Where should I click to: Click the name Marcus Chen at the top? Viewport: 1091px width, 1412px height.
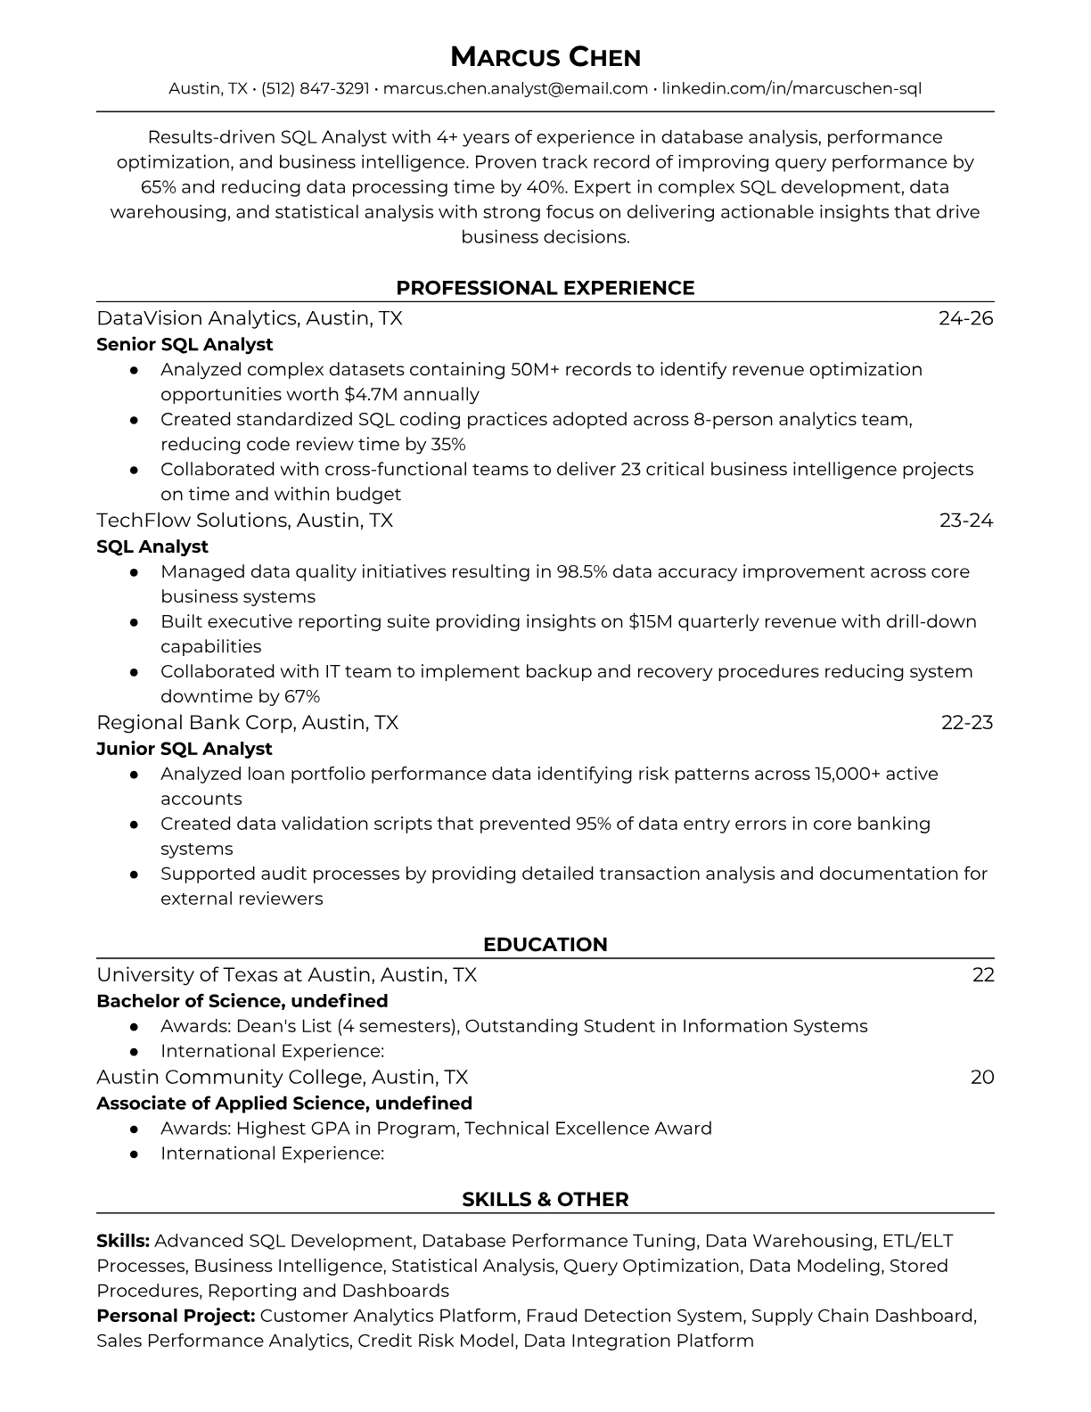tap(545, 57)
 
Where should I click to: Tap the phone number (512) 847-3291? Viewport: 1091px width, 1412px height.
tap(316, 88)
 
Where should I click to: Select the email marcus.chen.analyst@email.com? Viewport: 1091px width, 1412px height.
tap(515, 88)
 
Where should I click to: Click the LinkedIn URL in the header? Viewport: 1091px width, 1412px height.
tap(792, 88)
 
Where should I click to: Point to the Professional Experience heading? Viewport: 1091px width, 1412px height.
tap(545, 288)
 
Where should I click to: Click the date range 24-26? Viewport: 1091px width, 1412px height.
tap(965, 318)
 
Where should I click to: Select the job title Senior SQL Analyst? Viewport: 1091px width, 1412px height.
tap(185, 344)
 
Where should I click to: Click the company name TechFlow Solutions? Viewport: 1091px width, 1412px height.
tap(193, 520)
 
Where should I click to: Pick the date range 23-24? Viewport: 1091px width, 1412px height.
tap(965, 520)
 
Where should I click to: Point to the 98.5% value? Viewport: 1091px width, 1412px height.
tap(581, 571)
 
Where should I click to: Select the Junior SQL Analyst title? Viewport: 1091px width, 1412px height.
tap(184, 749)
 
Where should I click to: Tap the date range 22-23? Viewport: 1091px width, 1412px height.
tap(966, 722)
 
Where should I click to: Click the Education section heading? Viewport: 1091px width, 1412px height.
tap(545, 945)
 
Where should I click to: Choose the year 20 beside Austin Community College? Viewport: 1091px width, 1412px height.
tap(981, 1077)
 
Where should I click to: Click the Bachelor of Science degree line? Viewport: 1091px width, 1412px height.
tap(242, 1000)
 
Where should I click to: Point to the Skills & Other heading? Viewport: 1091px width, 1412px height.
tap(545, 1200)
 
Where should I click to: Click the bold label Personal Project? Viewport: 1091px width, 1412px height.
tap(176, 1316)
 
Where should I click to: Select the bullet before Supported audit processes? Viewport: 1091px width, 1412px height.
tap(134, 874)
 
